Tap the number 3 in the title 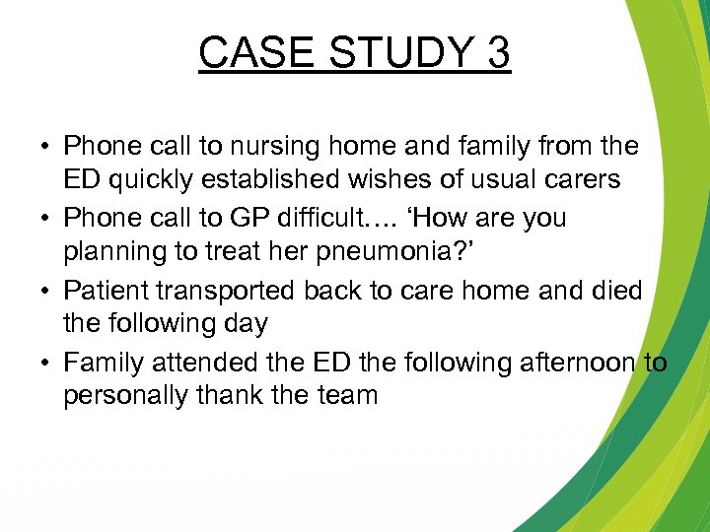(496, 52)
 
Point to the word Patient (106, 291)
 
